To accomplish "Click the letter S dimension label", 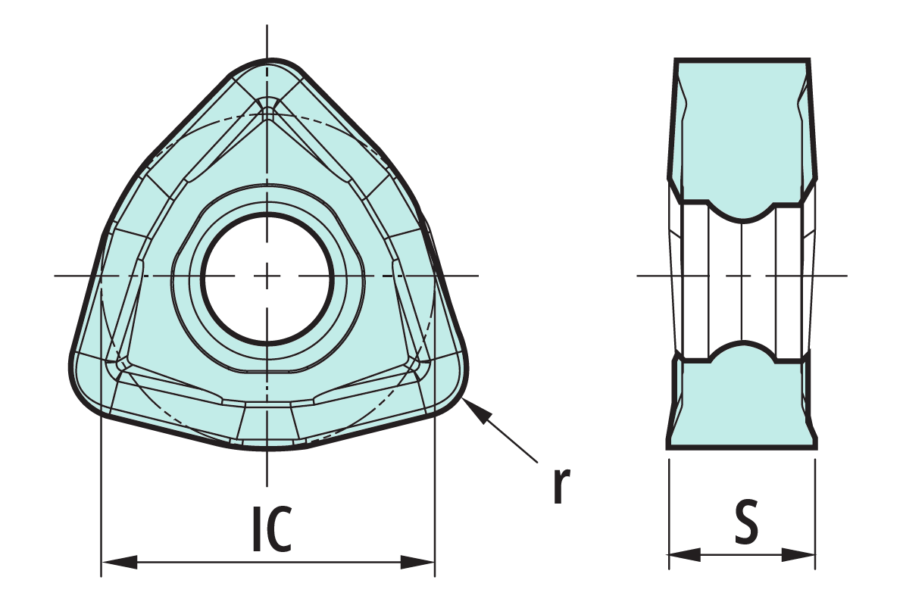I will point(745,522).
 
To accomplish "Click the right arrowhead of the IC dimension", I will point(417,563).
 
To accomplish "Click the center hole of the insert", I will point(267,278).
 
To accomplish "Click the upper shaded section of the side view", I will point(742,129).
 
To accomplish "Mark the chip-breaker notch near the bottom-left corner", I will point(121,363).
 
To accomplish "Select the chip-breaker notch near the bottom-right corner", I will point(413,364).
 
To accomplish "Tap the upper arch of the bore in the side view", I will point(743,216).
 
